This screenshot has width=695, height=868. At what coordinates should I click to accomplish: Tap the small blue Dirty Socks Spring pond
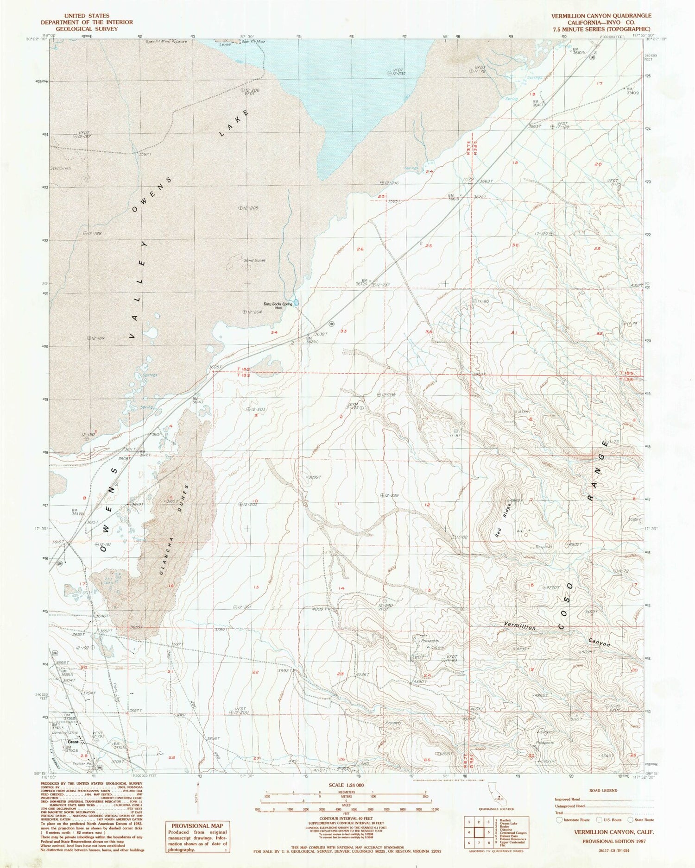[x=296, y=303]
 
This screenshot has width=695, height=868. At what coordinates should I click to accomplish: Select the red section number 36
[x=429, y=331]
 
